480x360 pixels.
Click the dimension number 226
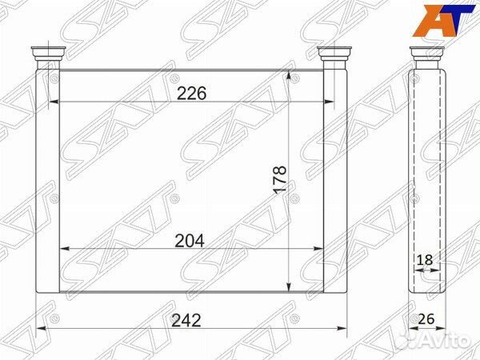tap(192, 93)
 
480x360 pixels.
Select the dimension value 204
tap(189, 241)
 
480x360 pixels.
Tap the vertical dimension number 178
tap(281, 179)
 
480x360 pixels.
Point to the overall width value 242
tap(186, 320)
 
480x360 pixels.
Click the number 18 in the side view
tap(425, 260)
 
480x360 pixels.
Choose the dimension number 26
tap(426, 319)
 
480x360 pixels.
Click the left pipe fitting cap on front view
tap(48, 54)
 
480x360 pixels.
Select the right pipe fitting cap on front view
tap(334, 54)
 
